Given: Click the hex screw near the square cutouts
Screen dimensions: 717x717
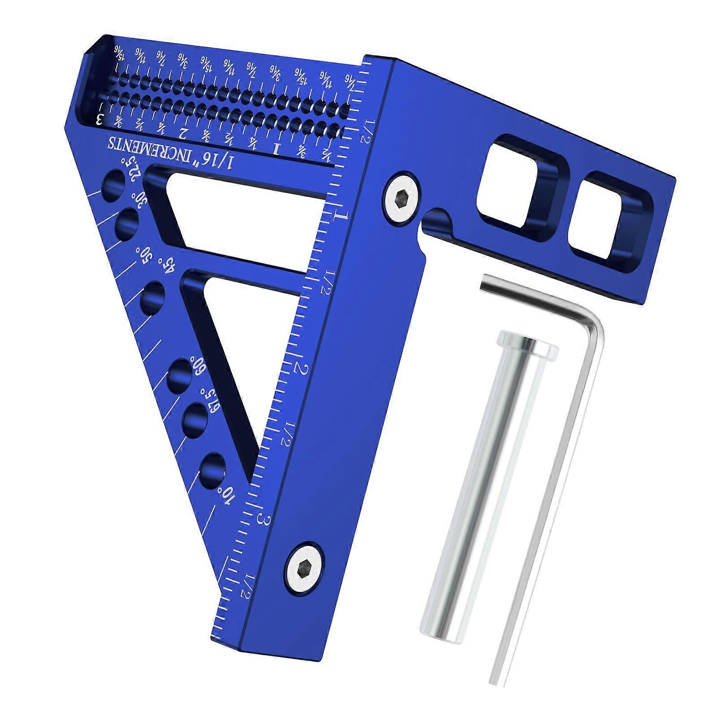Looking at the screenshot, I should pos(402,198).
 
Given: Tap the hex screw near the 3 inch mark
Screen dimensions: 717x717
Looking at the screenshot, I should pos(304,570).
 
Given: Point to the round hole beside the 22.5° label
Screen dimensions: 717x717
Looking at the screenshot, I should pos(112,185).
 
